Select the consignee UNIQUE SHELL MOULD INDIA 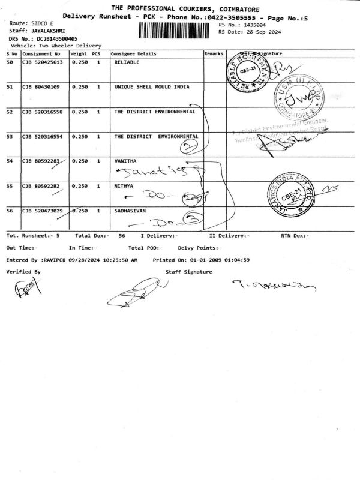[151, 86]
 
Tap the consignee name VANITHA [125, 161]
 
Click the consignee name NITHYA [124, 186]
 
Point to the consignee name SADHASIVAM [130, 211]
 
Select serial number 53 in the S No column [10, 136]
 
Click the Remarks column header [214, 53]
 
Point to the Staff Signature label [188, 272]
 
